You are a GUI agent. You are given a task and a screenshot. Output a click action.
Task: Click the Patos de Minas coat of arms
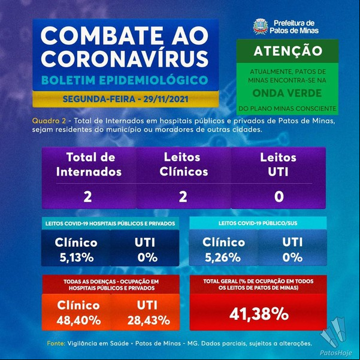261,26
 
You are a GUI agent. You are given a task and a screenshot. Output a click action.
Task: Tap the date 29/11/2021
166,99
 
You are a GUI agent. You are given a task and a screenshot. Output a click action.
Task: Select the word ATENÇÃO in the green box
288,51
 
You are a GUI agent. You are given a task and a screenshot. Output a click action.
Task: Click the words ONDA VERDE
287,93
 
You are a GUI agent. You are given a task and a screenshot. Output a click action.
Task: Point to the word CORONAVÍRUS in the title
125,59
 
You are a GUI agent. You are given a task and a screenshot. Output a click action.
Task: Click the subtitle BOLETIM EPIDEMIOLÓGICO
125,80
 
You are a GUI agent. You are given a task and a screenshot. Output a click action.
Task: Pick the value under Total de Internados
87,197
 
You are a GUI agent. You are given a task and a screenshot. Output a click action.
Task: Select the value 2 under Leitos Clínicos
183,197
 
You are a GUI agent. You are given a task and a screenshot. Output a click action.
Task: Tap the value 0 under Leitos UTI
279,197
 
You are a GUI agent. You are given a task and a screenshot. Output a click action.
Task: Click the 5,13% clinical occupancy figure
77,258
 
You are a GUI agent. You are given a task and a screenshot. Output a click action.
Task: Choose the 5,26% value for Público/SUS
223,258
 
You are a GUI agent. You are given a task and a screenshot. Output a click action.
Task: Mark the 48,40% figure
78,320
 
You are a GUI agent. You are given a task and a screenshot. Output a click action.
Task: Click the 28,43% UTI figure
149,320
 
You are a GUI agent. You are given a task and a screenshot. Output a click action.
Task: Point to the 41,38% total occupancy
259,314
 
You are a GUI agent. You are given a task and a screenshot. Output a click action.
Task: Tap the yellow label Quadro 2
49,121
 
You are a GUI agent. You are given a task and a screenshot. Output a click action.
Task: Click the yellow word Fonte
56,343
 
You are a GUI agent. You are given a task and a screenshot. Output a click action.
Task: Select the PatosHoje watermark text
336,353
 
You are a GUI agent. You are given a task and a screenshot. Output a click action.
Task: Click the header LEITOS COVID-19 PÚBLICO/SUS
258,223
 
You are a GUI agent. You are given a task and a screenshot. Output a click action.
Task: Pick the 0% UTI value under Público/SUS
292,258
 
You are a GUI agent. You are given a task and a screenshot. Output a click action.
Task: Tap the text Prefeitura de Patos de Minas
294,26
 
